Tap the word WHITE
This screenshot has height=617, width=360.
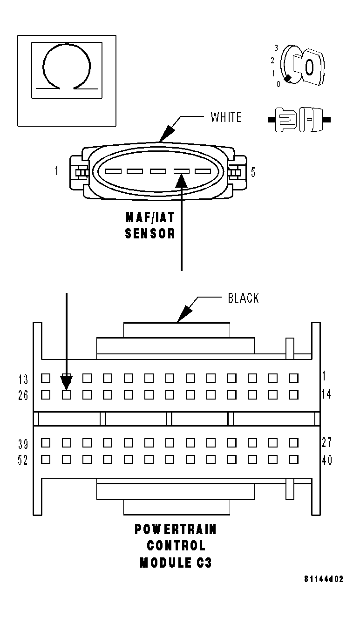(226, 117)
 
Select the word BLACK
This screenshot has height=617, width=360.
(243, 298)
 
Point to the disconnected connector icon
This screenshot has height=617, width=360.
(299, 120)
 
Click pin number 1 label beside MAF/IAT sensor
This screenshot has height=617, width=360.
(57, 171)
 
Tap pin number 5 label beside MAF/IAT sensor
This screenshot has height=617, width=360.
(253, 172)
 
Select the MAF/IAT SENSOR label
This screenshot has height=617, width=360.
(150, 225)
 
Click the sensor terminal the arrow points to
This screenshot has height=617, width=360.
(181, 171)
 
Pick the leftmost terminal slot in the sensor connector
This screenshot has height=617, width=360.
(113, 171)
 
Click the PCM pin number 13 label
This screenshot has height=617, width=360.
(23, 378)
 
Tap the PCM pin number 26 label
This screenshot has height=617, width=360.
(23, 395)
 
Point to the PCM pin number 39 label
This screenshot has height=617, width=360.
(23, 443)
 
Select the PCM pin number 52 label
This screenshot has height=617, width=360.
(23, 460)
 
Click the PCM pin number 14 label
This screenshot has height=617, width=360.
(326, 394)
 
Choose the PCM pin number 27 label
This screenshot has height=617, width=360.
(326, 442)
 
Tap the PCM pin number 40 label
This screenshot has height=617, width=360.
(326, 460)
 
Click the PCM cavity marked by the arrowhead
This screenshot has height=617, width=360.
(67, 395)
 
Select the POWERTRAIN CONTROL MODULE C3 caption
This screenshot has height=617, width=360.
(176, 546)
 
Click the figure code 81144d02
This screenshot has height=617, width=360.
(324, 579)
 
